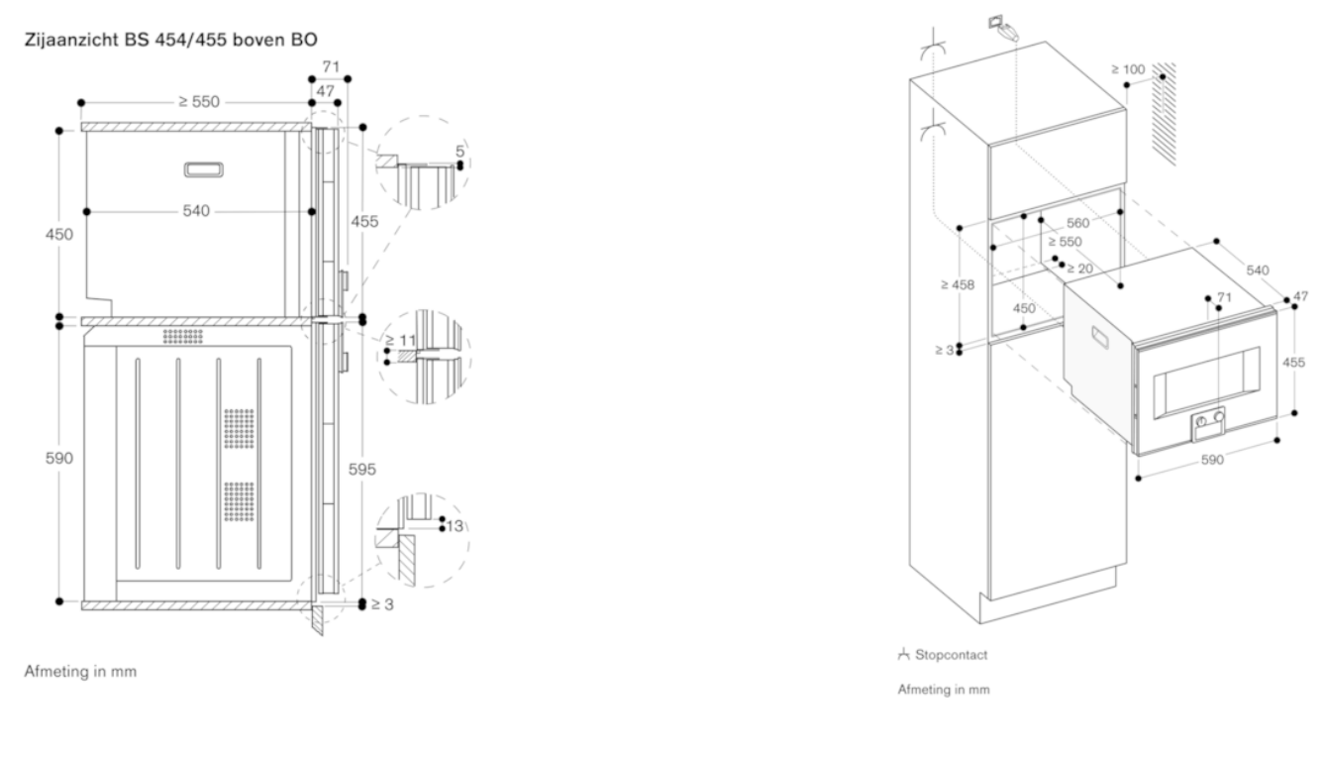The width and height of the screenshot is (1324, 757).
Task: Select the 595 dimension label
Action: [363, 470]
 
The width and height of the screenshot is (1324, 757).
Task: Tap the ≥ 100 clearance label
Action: [1127, 69]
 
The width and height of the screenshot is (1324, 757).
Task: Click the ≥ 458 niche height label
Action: [958, 284]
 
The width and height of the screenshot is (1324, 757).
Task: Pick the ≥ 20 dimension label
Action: [1078, 268]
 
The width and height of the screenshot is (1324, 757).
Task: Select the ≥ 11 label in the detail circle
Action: [401, 340]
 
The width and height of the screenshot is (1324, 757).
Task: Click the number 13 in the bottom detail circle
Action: [455, 524]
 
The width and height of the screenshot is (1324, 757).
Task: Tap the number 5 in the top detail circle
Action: [459, 151]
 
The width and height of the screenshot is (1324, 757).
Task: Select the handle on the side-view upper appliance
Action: [204, 170]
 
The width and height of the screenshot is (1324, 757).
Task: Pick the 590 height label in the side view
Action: [61, 459]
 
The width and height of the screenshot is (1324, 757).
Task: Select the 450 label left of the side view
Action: [61, 235]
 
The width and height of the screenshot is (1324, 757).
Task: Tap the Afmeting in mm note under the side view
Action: [81, 671]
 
